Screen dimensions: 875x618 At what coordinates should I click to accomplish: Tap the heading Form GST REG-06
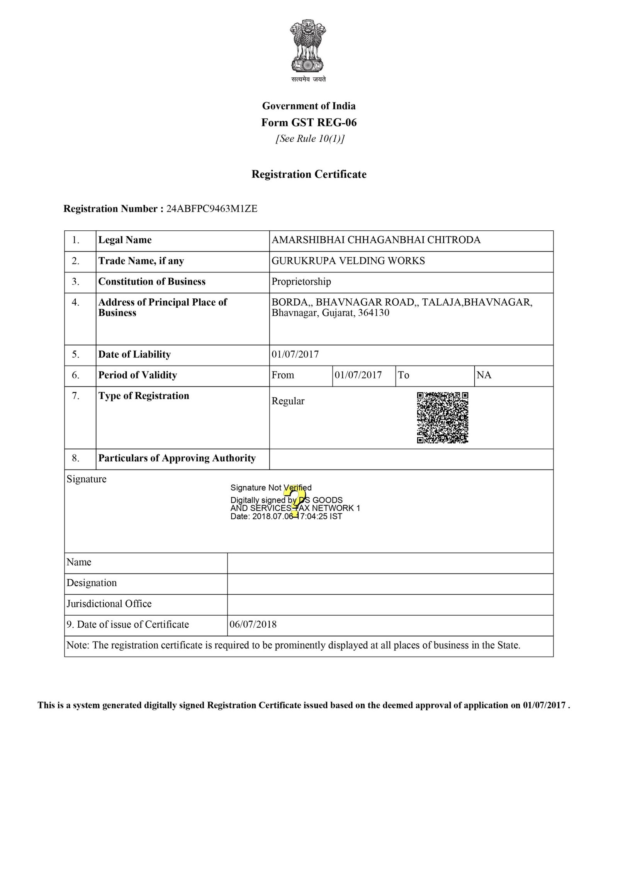[309, 123]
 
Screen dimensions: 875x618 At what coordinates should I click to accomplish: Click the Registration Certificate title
[309, 174]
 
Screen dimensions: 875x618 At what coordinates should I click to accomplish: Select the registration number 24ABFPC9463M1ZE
[212, 209]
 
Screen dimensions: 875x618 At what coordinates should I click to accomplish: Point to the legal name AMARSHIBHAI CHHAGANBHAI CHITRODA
[376, 240]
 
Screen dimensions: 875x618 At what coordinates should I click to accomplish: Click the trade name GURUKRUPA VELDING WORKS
[348, 261]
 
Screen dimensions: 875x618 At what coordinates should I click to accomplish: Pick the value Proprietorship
[301, 281]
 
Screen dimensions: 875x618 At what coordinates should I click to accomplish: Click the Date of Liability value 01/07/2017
[295, 354]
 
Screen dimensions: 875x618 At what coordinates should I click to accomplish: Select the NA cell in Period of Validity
[484, 375]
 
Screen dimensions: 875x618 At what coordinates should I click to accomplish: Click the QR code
[442, 417]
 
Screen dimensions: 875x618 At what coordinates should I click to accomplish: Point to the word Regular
[288, 401]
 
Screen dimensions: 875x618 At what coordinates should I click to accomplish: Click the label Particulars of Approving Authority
[177, 458]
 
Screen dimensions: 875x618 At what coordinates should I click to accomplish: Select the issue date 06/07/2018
[253, 625]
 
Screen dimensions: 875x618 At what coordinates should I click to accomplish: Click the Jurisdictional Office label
[109, 604]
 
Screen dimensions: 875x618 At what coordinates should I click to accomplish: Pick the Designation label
[92, 583]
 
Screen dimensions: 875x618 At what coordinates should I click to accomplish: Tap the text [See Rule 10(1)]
[309, 139]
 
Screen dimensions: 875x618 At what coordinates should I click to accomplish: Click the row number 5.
[76, 354]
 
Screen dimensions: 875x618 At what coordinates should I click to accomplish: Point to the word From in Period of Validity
[283, 375]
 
